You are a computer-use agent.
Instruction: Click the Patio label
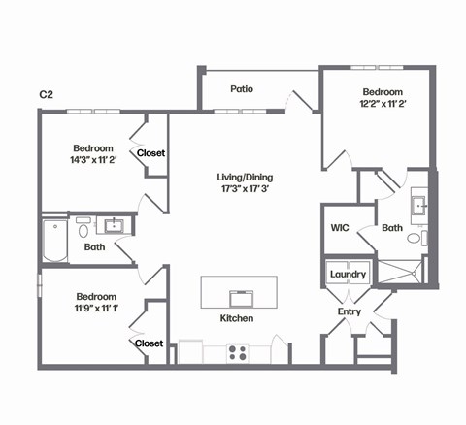click(242, 89)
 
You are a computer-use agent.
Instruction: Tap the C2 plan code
click(46, 94)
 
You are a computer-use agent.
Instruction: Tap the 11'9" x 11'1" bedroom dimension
click(95, 309)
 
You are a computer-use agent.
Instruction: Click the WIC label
click(339, 228)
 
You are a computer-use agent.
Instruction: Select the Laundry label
click(348, 275)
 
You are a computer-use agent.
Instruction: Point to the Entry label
click(349, 311)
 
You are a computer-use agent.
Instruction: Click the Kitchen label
click(237, 318)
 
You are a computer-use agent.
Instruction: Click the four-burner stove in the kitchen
click(238, 353)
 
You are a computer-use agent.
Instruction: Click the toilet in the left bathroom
click(83, 231)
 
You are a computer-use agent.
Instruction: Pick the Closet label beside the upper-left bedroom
click(150, 153)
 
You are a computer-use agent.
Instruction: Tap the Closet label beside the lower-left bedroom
click(149, 343)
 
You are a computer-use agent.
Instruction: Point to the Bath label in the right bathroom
click(392, 229)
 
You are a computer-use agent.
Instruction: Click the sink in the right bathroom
click(419, 204)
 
